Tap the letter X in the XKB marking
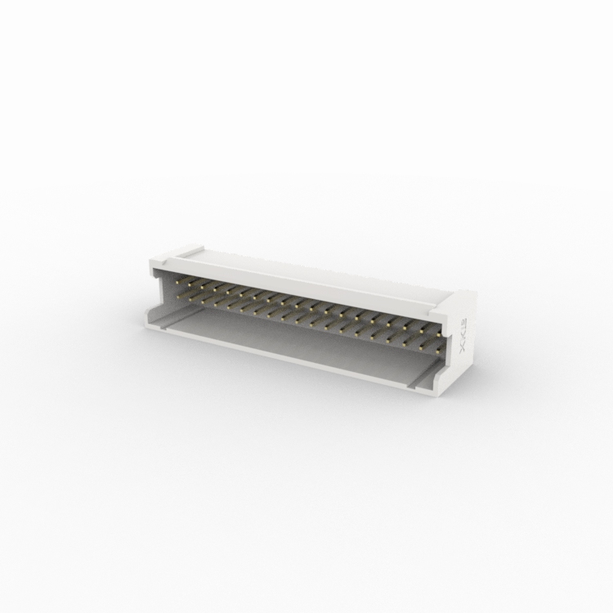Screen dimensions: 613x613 coord(462,349)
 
